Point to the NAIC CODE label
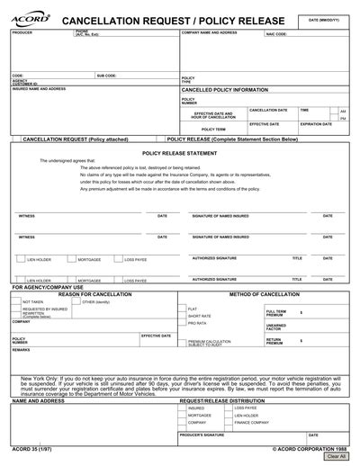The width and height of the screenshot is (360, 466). [275, 34]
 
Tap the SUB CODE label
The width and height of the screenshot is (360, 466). [107, 76]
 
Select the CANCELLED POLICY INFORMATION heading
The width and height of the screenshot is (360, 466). [225, 91]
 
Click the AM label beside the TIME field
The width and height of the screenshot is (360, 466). [342, 112]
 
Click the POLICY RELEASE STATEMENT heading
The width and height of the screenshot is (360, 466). [179, 154]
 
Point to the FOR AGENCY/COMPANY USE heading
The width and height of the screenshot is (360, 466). [47, 287]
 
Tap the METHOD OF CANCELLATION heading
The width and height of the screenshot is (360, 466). [265, 294]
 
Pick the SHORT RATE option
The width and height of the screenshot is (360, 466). [200, 316]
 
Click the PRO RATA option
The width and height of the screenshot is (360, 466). [197, 323]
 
